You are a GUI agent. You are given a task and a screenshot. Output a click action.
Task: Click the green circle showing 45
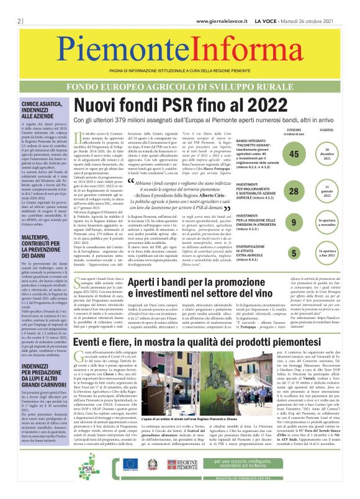pyautogui.click(x=294, y=155)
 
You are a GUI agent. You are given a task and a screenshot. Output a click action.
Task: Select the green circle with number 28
pyautogui.click(x=294, y=192)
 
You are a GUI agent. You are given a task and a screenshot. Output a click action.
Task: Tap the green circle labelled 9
pyautogui.click(x=294, y=221)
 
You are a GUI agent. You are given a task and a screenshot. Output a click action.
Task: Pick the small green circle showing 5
pyautogui.click(x=294, y=253)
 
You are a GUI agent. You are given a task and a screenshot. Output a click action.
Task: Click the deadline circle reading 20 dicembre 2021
pyautogui.click(x=331, y=154)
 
